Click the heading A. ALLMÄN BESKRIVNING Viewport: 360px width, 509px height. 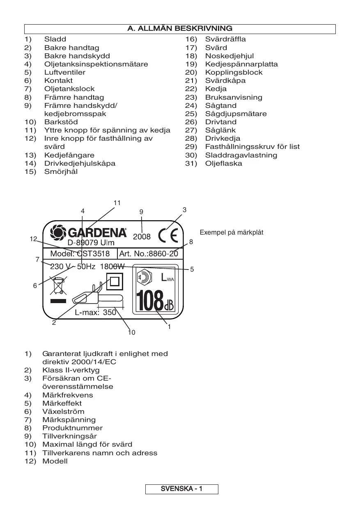click(180, 29)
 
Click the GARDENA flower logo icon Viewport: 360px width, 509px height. click(57, 233)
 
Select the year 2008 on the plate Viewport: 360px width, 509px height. click(142, 237)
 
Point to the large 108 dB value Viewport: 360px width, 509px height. click(154, 301)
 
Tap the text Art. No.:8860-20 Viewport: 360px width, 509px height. click(148, 253)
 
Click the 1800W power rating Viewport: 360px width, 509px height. click(112, 267)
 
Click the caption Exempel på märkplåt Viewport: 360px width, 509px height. click(231, 233)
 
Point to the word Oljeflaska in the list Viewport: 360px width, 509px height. click(224, 163)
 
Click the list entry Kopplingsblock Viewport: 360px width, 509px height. click(234, 72)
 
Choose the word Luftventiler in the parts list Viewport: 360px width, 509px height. click(65, 72)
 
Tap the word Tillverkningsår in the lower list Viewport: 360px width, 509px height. click(69, 436)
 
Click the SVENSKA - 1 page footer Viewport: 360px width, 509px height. click(181, 489)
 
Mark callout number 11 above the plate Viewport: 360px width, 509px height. click(117, 203)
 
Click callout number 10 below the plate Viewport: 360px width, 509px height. click(131, 333)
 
